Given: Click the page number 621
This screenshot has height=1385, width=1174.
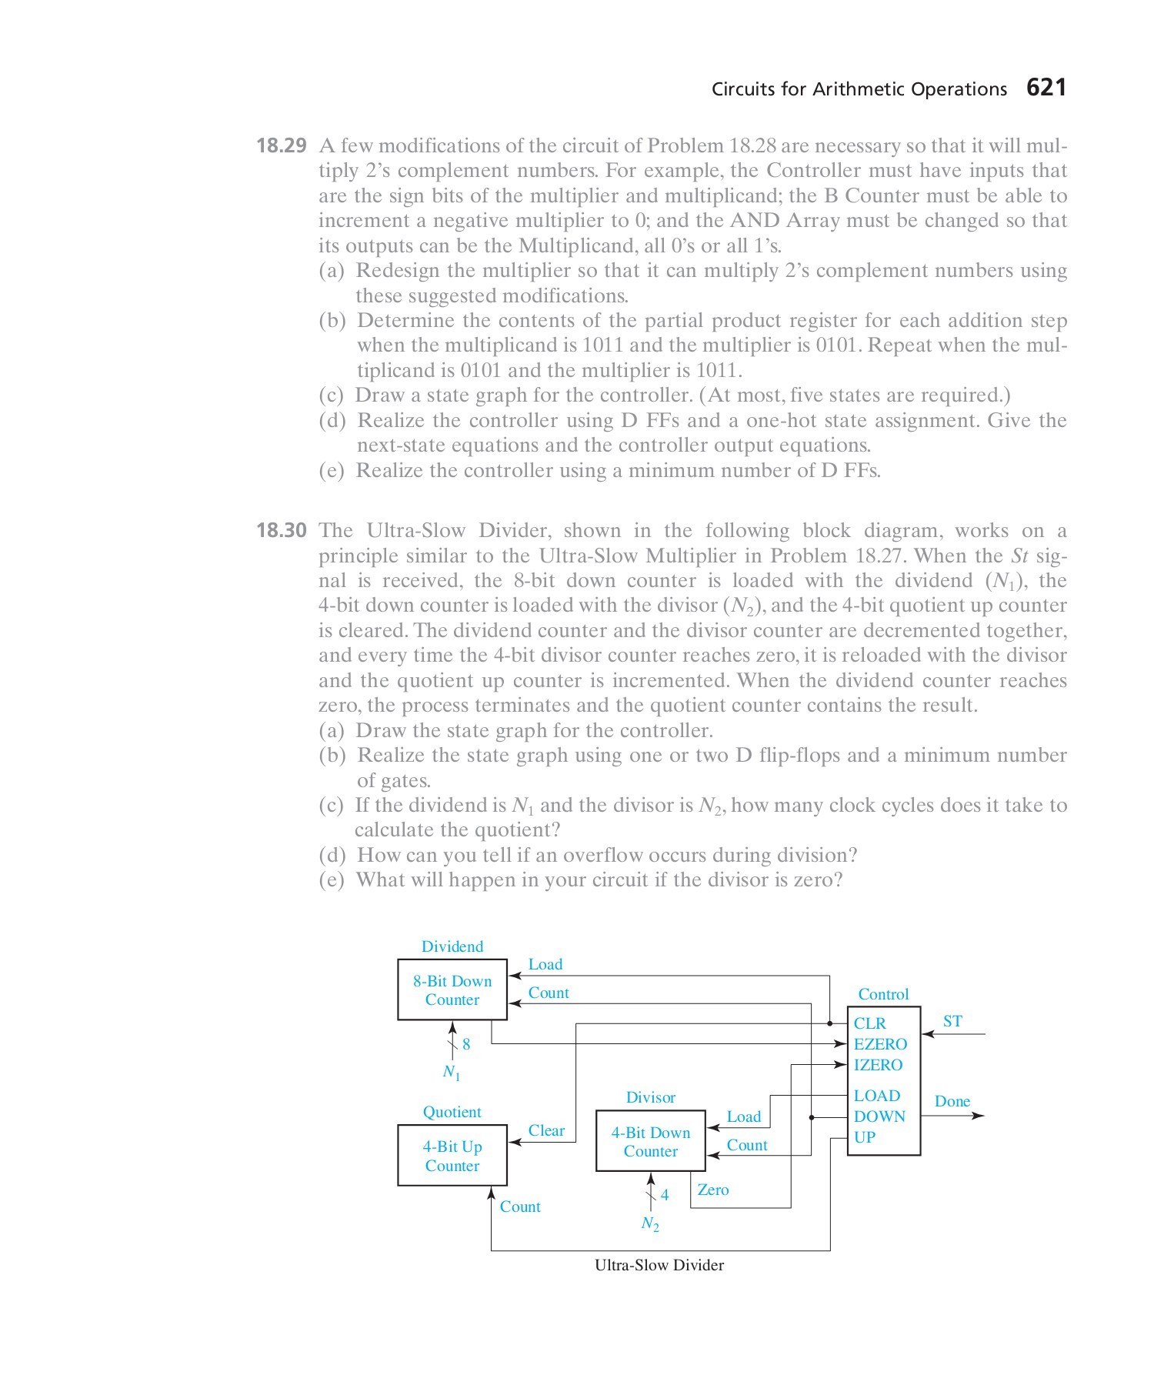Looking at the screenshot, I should click(1046, 88).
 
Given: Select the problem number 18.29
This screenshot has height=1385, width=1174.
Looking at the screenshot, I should click(281, 145).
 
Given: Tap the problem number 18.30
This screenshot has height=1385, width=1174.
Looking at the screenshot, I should click(281, 530).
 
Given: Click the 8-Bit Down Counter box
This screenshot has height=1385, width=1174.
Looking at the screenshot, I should click(452, 990).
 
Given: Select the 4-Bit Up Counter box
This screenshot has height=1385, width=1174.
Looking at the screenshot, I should click(452, 1155).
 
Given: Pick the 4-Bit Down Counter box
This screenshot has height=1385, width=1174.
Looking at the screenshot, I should click(651, 1141).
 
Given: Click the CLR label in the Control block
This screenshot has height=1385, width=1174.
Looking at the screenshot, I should click(870, 1023).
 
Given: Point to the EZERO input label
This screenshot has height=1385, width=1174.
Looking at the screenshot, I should click(880, 1044).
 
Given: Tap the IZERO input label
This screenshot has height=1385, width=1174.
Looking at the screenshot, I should click(878, 1065).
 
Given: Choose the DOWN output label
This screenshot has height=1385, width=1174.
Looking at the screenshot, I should click(879, 1116).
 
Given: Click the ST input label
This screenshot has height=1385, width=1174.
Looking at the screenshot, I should click(952, 1021).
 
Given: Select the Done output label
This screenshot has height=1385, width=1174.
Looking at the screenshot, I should click(952, 1101).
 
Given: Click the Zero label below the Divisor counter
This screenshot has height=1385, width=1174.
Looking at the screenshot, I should click(713, 1190).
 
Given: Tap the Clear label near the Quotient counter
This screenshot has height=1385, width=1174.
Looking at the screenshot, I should click(546, 1130).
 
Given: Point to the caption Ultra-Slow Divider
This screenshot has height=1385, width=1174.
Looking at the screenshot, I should click(659, 1265).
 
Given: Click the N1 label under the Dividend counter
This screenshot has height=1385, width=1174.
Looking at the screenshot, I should click(452, 1072).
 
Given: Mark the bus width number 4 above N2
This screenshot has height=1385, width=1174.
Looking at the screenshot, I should click(665, 1195).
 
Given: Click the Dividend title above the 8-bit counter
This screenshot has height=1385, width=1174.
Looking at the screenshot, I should click(452, 946).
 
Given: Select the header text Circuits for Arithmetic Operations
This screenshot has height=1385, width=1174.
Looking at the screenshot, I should click(859, 89).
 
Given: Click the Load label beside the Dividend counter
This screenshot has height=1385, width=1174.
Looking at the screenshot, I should click(545, 964).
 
